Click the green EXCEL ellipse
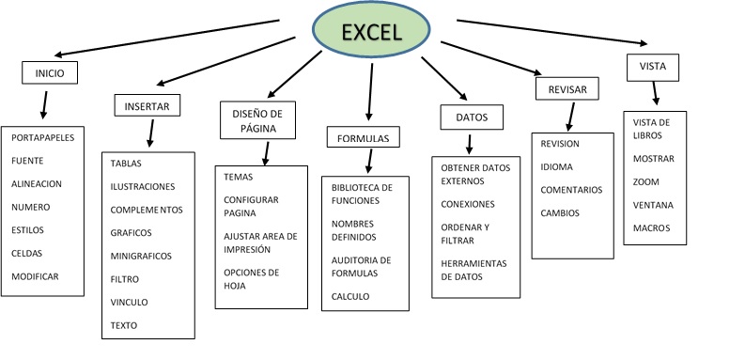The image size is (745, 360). [371, 32]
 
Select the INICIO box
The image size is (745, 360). [49, 71]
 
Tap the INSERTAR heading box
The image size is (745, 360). [147, 106]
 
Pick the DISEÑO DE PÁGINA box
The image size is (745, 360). [257, 119]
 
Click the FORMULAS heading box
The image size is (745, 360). [364, 138]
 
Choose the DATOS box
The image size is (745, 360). [471, 117]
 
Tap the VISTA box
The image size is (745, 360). [652, 68]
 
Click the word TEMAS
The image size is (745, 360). [239, 177]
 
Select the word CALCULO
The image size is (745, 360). [350, 296]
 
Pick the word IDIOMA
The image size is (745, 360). [557, 166]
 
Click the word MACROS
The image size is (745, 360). [651, 227]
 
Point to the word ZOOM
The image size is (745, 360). [646, 181]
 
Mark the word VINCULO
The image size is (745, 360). [130, 302]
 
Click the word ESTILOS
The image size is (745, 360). [28, 229]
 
